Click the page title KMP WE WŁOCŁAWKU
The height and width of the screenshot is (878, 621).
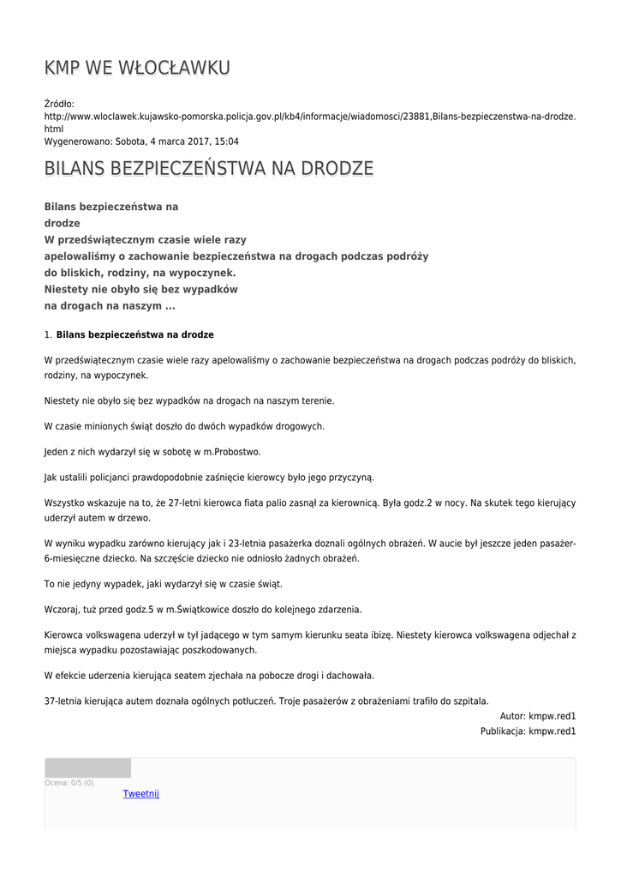coord(137,68)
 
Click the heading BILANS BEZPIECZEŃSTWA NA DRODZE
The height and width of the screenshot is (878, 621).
coord(209,168)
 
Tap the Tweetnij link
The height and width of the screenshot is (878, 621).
coord(141,794)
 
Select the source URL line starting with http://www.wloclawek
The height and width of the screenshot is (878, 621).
coord(309,115)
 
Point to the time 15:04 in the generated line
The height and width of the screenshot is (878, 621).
coord(225,141)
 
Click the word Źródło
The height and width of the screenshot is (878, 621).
coord(59,103)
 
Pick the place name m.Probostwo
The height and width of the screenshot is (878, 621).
coord(232,452)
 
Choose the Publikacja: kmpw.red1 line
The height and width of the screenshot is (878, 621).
coord(528,731)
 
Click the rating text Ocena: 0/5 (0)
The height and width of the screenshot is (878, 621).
coord(69,783)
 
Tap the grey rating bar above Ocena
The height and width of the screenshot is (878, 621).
coord(87,768)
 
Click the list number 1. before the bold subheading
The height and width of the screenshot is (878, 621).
coord(48,335)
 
